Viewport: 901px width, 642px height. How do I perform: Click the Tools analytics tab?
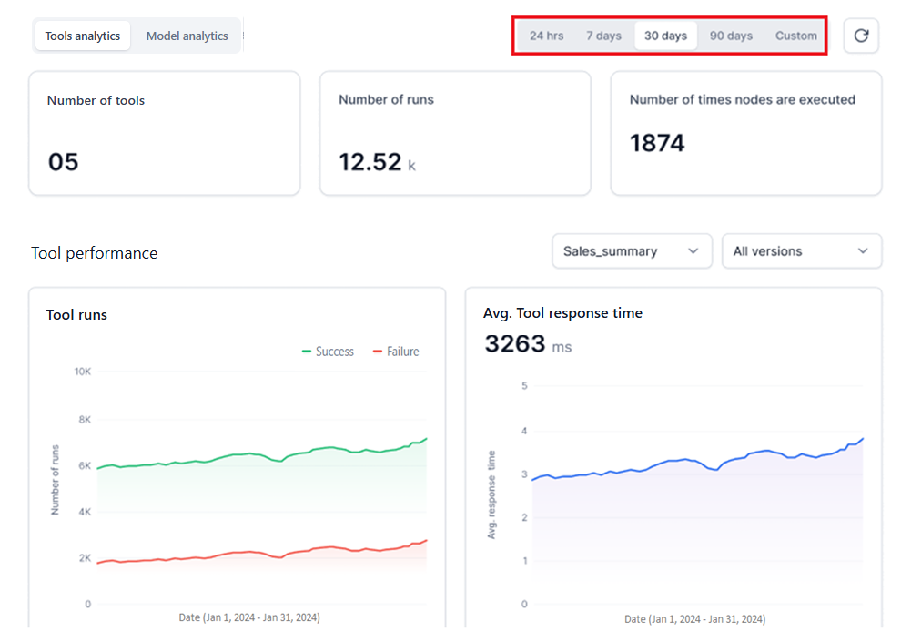coord(83,36)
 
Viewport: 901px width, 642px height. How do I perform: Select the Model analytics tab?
coord(187,36)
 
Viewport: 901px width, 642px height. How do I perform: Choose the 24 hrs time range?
coord(546,36)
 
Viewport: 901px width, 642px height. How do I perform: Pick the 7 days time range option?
coord(603,36)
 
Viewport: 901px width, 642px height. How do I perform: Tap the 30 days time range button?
coord(665,36)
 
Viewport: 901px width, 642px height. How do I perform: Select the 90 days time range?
coord(731,36)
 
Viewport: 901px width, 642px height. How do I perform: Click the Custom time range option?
coord(795,36)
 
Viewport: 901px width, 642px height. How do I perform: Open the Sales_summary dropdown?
coord(632,251)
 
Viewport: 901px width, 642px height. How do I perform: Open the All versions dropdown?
coord(801,251)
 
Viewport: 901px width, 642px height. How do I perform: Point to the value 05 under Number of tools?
coord(63,162)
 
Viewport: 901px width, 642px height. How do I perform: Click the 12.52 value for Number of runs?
coord(370,162)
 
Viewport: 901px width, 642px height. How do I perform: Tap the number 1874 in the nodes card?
coord(657,143)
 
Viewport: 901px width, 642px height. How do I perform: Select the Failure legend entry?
coord(396,352)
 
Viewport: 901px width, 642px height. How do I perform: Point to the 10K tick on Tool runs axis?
coord(82,372)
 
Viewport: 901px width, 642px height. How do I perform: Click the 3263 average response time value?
coord(515,344)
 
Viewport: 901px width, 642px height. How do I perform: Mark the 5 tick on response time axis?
coord(524,386)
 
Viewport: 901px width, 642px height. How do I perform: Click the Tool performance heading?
coord(95,253)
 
